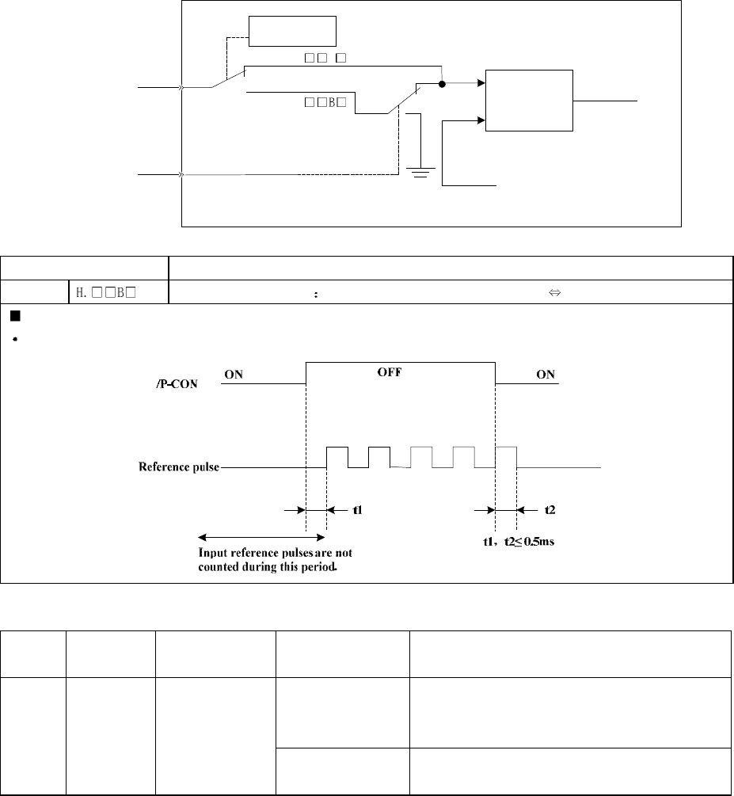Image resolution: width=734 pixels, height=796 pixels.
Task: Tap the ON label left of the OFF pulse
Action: coord(234,375)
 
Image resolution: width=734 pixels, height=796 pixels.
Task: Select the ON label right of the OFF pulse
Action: coord(546,375)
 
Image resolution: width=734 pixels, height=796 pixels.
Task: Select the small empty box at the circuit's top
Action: coord(292,31)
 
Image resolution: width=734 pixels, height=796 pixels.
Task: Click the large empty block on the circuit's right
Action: coord(528,101)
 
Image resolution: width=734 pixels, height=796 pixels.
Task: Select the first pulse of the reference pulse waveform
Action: coord(337,457)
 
